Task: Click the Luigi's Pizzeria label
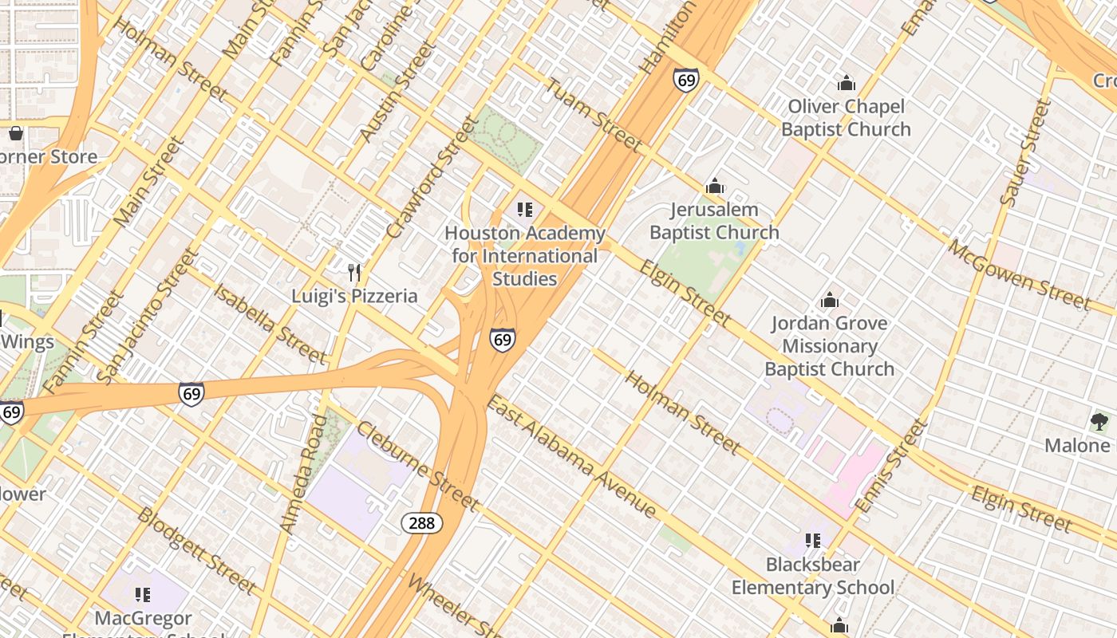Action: point(354,296)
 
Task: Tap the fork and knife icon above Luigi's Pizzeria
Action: point(355,273)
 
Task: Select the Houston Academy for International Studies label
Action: point(524,256)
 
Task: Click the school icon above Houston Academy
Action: point(524,210)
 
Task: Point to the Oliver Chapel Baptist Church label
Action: point(846,118)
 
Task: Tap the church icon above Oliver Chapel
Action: point(846,83)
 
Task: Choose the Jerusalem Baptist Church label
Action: point(714,221)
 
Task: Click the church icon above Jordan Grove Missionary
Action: point(830,301)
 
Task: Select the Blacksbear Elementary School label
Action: point(813,576)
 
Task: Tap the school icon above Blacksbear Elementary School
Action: point(813,541)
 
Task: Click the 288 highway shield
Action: point(421,523)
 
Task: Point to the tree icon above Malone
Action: point(1099,422)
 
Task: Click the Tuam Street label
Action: point(594,115)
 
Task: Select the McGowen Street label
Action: point(1018,274)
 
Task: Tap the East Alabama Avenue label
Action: point(571,456)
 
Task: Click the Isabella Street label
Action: point(270,322)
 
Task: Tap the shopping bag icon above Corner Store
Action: point(15,133)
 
